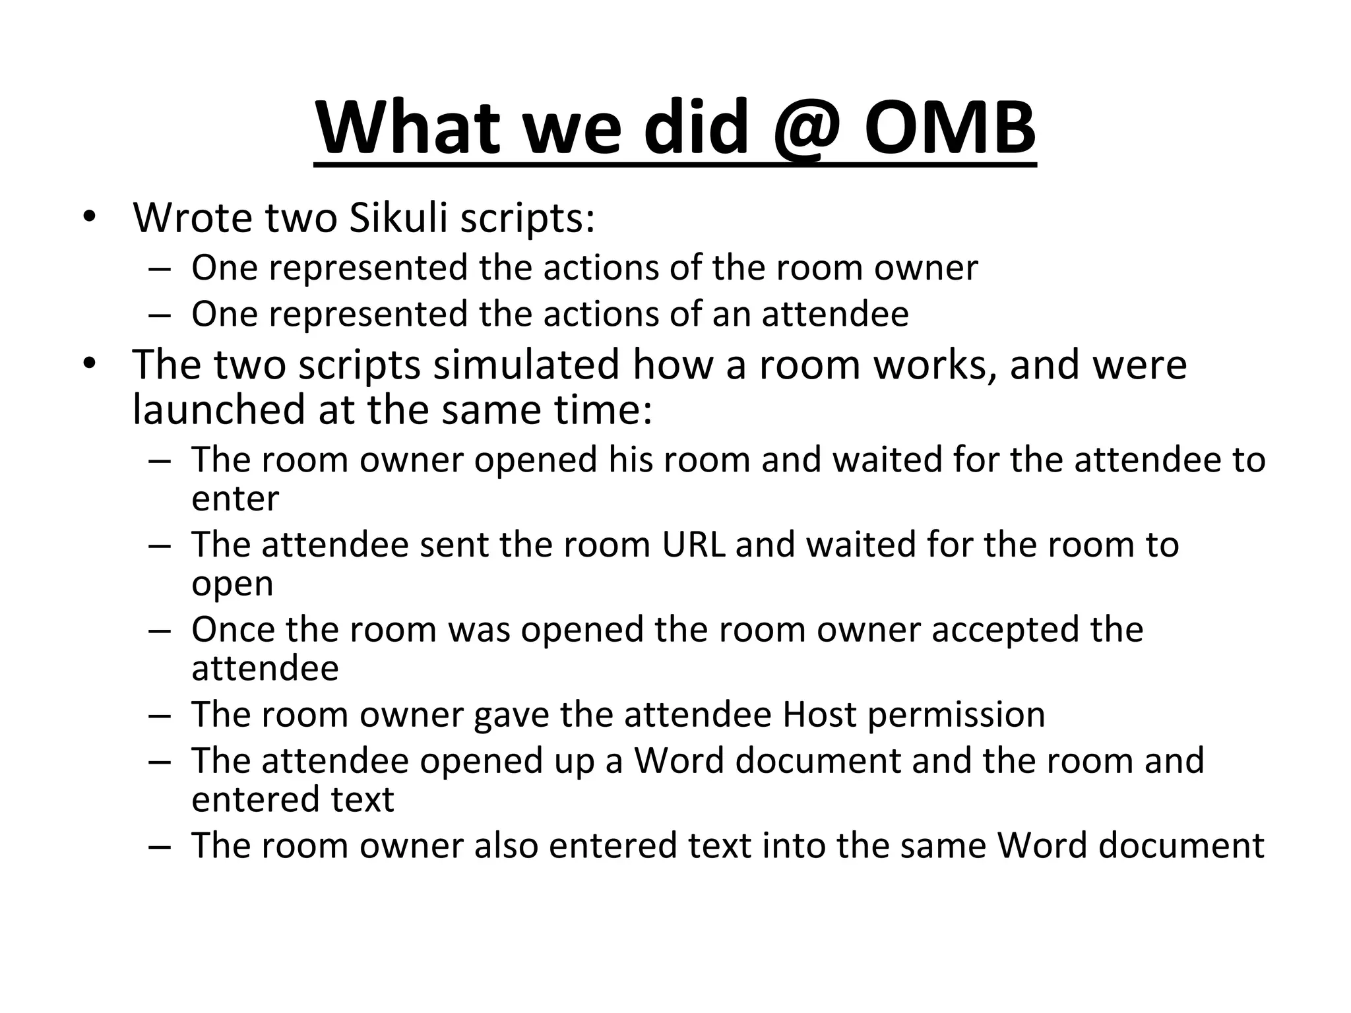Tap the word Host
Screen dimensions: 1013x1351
click(x=819, y=714)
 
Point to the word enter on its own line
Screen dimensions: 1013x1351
click(x=235, y=499)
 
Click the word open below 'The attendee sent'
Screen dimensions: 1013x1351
click(x=232, y=584)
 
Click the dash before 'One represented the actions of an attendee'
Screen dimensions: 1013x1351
click(x=159, y=314)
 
